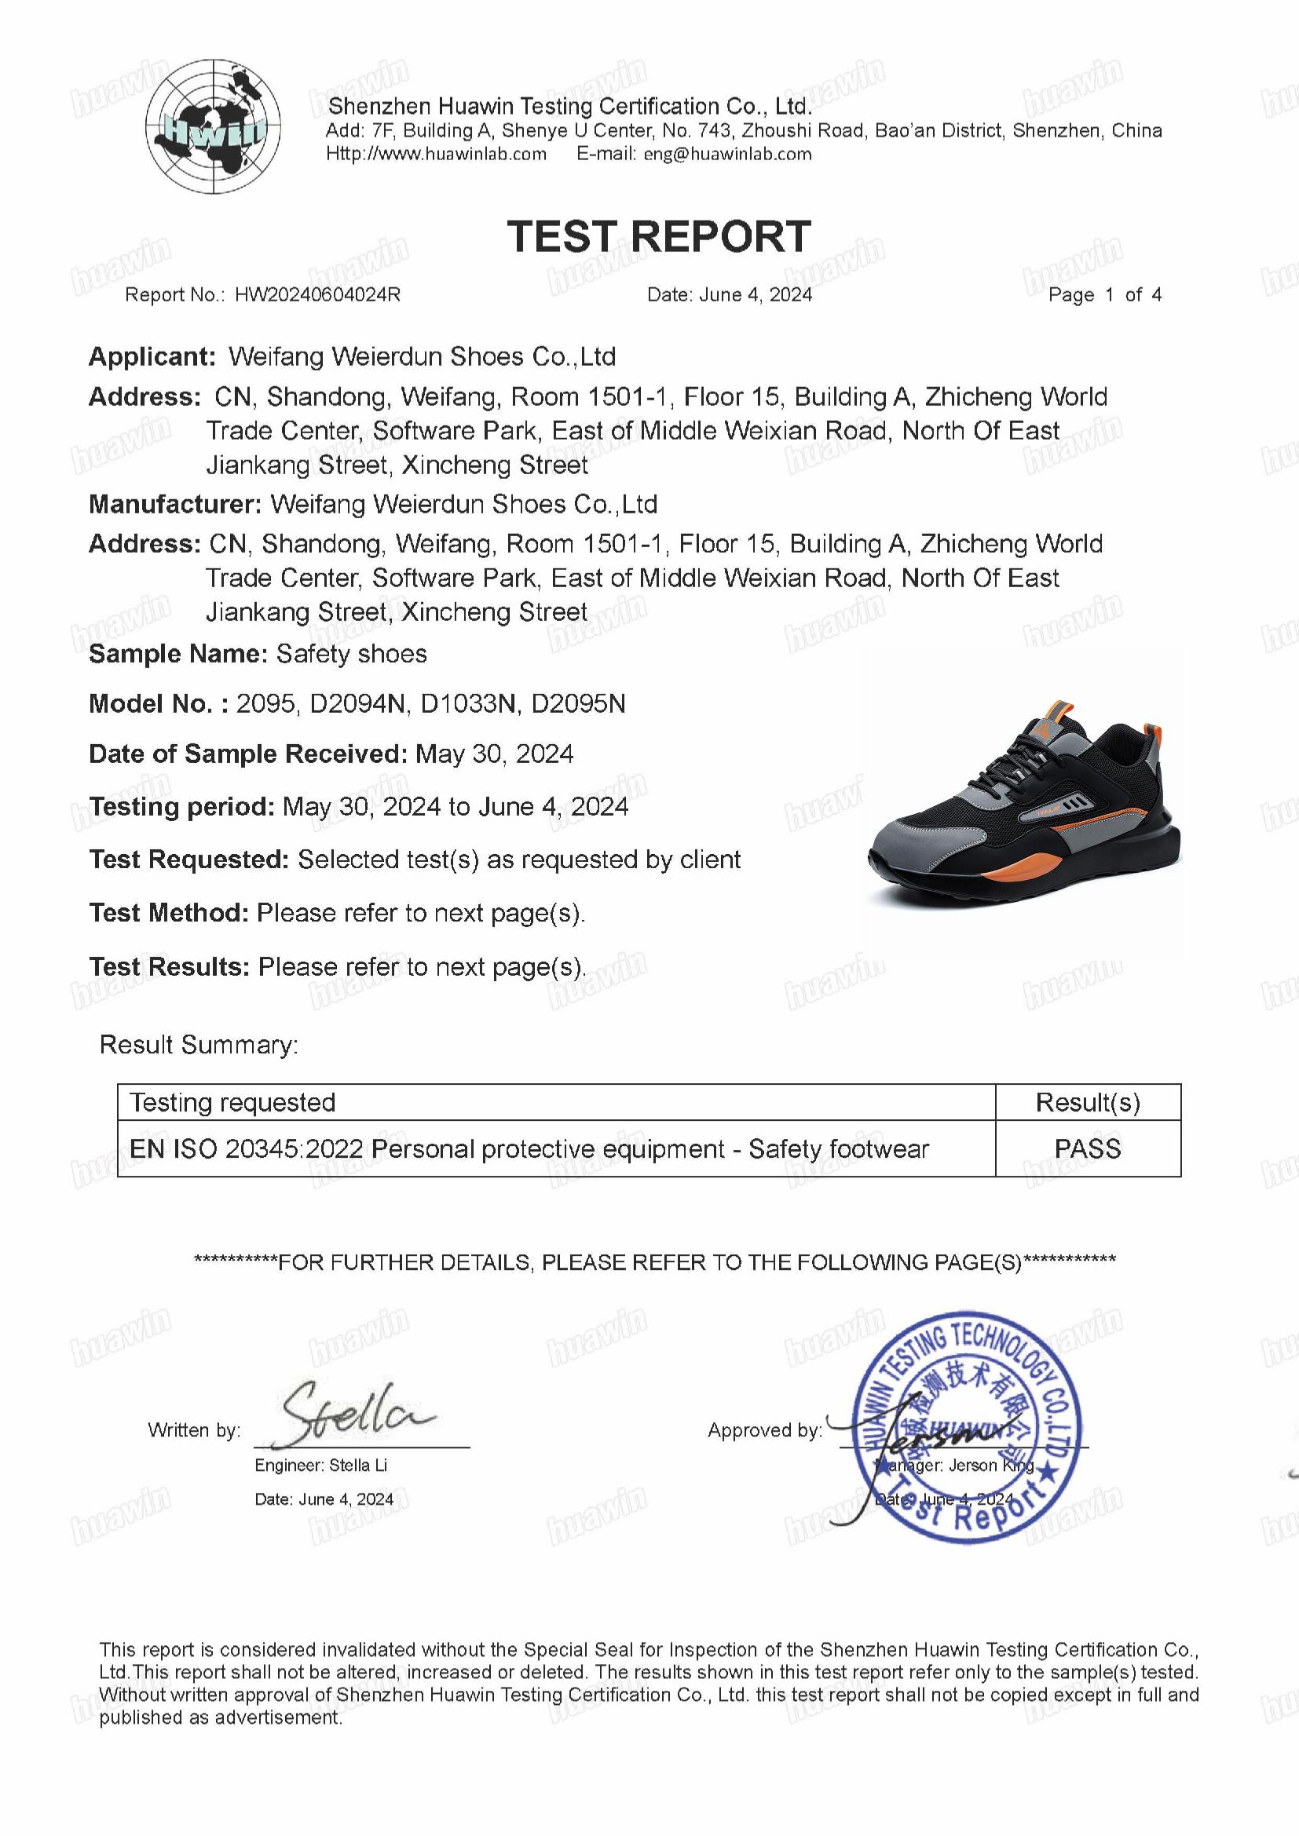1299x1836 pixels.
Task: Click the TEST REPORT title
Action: point(659,237)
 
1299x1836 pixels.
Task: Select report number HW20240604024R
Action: point(317,295)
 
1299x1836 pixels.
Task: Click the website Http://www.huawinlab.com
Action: point(436,155)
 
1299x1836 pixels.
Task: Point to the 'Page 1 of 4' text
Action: point(1103,295)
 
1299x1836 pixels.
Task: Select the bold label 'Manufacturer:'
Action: point(174,505)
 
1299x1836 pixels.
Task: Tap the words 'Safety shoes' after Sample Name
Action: point(351,654)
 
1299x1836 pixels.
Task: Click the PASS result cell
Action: point(1087,1148)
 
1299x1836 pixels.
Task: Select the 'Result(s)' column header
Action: point(1087,1103)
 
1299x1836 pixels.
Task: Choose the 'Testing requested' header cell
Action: point(232,1103)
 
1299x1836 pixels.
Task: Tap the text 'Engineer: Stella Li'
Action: point(320,1466)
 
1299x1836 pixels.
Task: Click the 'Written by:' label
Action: point(194,1431)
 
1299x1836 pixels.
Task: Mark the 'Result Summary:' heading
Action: point(199,1045)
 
